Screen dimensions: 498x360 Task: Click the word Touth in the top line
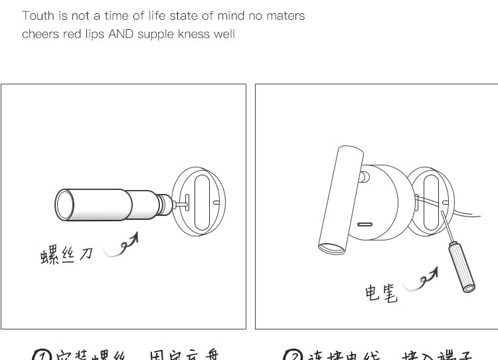click(38, 15)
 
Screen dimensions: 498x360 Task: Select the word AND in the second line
click(120, 34)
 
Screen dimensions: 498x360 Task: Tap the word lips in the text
click(96, 34)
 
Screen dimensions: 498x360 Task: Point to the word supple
click(155, 34)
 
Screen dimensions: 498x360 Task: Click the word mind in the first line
click(231, 15)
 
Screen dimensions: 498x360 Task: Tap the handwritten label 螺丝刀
click(66, 254)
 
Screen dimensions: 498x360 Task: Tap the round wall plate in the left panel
click(199, 199)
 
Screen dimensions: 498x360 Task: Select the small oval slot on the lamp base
click(364, 225)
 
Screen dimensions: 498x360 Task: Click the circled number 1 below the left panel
click(42, 355)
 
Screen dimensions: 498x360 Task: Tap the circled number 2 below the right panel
click(293, 355)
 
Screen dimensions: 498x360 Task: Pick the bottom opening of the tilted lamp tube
click(332, 249)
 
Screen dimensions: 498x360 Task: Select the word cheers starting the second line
click(41, 34)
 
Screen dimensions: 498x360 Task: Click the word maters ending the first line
click(286, 15)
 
